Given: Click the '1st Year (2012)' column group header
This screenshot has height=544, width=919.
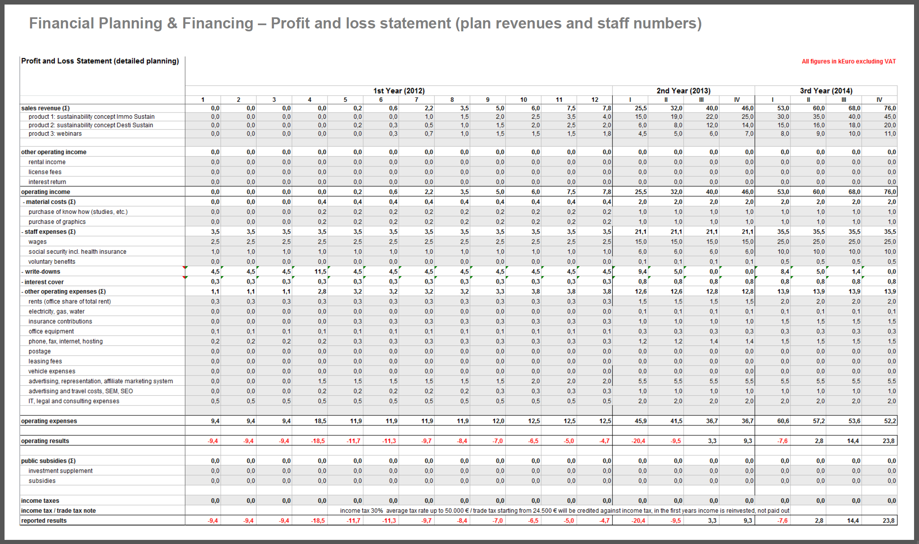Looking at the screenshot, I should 399,91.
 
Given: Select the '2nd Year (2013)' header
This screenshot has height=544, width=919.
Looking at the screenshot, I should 683,91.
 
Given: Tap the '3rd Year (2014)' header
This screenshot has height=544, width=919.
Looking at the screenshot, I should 826,91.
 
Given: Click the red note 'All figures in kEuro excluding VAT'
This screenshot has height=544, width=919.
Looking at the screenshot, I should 849,61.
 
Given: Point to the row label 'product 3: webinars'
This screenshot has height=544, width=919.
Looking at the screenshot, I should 55,134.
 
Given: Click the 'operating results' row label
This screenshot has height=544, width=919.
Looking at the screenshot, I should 45,441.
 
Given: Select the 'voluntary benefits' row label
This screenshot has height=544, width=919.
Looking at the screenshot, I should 52,262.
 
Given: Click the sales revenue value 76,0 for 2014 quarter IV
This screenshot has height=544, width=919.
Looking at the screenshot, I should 890,108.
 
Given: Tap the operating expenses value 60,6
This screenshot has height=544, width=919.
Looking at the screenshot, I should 783,421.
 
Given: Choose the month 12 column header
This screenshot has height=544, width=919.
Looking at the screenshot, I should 594,100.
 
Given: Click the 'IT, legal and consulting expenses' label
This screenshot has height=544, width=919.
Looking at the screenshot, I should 74,401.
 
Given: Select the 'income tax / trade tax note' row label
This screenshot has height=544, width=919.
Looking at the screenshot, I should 58,511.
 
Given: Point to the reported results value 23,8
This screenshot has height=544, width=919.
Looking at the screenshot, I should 889,521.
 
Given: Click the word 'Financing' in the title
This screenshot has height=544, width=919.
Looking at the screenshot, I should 217,23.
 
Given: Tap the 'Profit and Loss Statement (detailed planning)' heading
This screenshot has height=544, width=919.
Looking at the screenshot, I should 100,61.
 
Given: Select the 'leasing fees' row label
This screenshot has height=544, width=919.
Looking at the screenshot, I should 45,361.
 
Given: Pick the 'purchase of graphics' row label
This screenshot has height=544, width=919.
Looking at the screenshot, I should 57,222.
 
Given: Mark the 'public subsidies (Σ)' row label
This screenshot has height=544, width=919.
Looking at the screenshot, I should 49,461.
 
